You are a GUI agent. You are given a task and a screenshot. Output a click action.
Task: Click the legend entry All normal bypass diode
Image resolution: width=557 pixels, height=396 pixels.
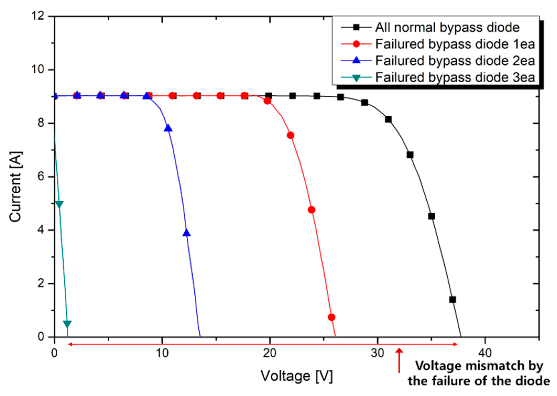click(447, 27)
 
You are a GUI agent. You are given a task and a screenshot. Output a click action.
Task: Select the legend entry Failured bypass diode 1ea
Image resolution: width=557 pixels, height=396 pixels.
click(455, 44)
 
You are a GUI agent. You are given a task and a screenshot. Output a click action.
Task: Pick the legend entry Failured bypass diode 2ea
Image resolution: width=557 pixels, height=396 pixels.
click(455, 61)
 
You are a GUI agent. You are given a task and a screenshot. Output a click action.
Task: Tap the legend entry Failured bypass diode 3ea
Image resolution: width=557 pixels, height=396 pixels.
click(455, 78)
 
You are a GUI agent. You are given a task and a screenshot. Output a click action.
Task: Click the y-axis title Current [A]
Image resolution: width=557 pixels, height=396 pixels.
click(15, 186)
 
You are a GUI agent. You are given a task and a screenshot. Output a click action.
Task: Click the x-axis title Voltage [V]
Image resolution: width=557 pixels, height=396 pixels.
click(297, 376)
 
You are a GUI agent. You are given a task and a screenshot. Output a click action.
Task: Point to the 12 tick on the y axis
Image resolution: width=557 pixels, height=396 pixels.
click(38, 16)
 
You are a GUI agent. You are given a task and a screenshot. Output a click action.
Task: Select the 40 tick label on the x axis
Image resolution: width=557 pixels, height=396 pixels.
click(485, 353)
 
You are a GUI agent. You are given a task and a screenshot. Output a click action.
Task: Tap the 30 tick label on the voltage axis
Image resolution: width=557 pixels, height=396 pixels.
click(377, 353)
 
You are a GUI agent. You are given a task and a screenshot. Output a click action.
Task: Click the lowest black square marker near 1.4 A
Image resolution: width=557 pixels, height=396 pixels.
click(452, 300)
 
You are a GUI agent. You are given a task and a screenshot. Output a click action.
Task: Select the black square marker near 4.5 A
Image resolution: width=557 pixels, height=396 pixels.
click(432, 216)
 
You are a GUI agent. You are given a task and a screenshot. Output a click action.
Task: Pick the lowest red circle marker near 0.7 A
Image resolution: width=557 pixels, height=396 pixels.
click(331, 317)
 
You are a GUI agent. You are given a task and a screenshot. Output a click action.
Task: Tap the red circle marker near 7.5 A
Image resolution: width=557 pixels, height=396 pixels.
click(291, 135)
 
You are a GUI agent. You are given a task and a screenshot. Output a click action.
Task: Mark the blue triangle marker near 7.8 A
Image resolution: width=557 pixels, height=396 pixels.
click(168, 128)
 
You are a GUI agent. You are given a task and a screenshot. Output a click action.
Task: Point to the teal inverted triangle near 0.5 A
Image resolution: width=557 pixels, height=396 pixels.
click(67, 324)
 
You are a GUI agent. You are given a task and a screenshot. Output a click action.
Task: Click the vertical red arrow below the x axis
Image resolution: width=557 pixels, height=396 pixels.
click(399, 360)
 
